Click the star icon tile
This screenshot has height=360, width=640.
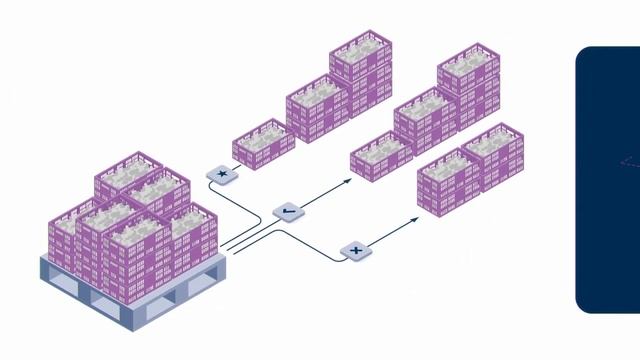(x=221, y=175)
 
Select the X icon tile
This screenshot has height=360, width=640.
(x=353, y=250)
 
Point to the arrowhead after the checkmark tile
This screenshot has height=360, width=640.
(x=348, y=181)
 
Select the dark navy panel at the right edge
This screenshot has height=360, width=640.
(x=608, y=180)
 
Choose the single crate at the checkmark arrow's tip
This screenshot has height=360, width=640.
(x=381, y=157)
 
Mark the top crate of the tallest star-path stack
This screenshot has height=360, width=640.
(x=360, y=55)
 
